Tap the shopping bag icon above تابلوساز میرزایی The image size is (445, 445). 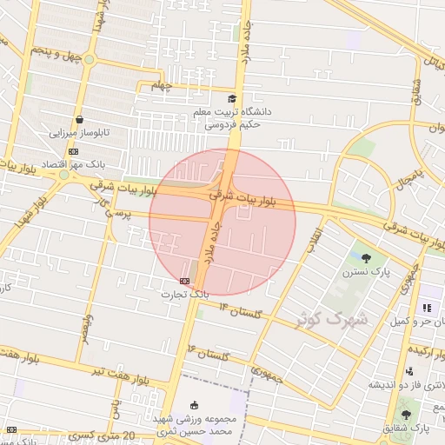coord(80,120)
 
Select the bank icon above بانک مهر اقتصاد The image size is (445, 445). coord(72,151)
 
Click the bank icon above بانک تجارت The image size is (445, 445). coord(184,281)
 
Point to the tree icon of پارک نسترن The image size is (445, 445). coord(366,257)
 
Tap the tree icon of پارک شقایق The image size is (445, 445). coord(405,415)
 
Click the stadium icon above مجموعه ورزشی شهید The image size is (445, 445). coord(194,404)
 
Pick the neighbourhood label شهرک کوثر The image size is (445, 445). coord(332,318)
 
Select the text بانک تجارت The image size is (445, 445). coord(184,295)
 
